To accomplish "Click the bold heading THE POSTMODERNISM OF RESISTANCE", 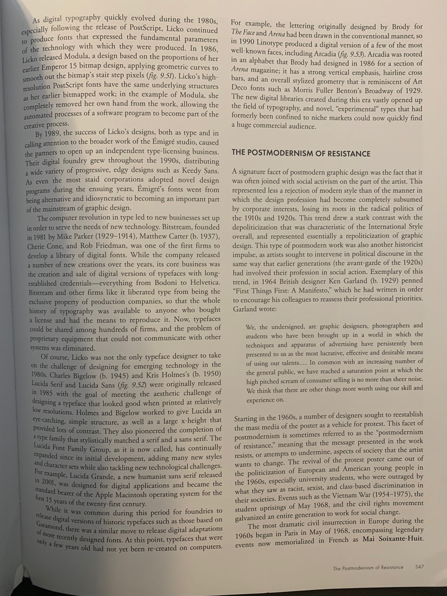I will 301,153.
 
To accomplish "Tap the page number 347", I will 419,567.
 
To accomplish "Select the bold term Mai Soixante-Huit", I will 393,538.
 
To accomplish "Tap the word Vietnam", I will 344,495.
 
